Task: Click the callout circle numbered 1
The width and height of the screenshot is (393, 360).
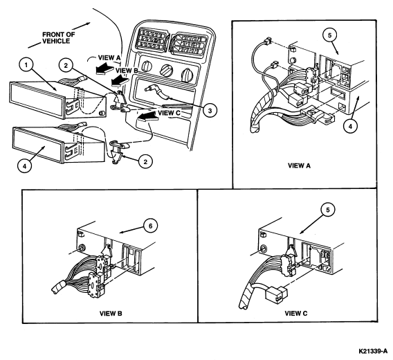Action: [26, 65]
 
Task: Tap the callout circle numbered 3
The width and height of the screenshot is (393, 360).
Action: [210, 110]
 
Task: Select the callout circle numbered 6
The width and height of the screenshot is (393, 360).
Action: [151, 226]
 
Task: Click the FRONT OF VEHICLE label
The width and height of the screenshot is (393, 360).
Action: [58, 38]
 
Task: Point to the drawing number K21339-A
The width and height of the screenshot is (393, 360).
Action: [373, 351]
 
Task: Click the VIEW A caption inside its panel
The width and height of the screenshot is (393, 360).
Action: [299, 165]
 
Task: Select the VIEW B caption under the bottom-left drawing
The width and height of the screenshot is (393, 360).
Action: [111, 314]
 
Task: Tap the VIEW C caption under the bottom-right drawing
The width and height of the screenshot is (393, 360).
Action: [295, 314]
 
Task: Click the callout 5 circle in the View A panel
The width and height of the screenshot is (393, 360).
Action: [330, 35]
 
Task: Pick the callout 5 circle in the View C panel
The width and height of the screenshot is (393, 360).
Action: [328, 210]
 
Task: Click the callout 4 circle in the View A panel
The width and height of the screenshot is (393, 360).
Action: [350, 127]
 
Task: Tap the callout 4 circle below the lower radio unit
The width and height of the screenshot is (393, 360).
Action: [25, 166]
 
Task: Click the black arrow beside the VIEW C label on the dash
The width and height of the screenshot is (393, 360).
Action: [147, 116]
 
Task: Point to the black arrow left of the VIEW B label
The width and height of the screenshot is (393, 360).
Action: [120, 80]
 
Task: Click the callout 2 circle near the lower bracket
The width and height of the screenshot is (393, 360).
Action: [145, 161]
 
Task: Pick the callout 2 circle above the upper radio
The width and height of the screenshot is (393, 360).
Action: [66, 66]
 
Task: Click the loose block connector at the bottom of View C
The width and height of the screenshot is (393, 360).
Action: [277, 294]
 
